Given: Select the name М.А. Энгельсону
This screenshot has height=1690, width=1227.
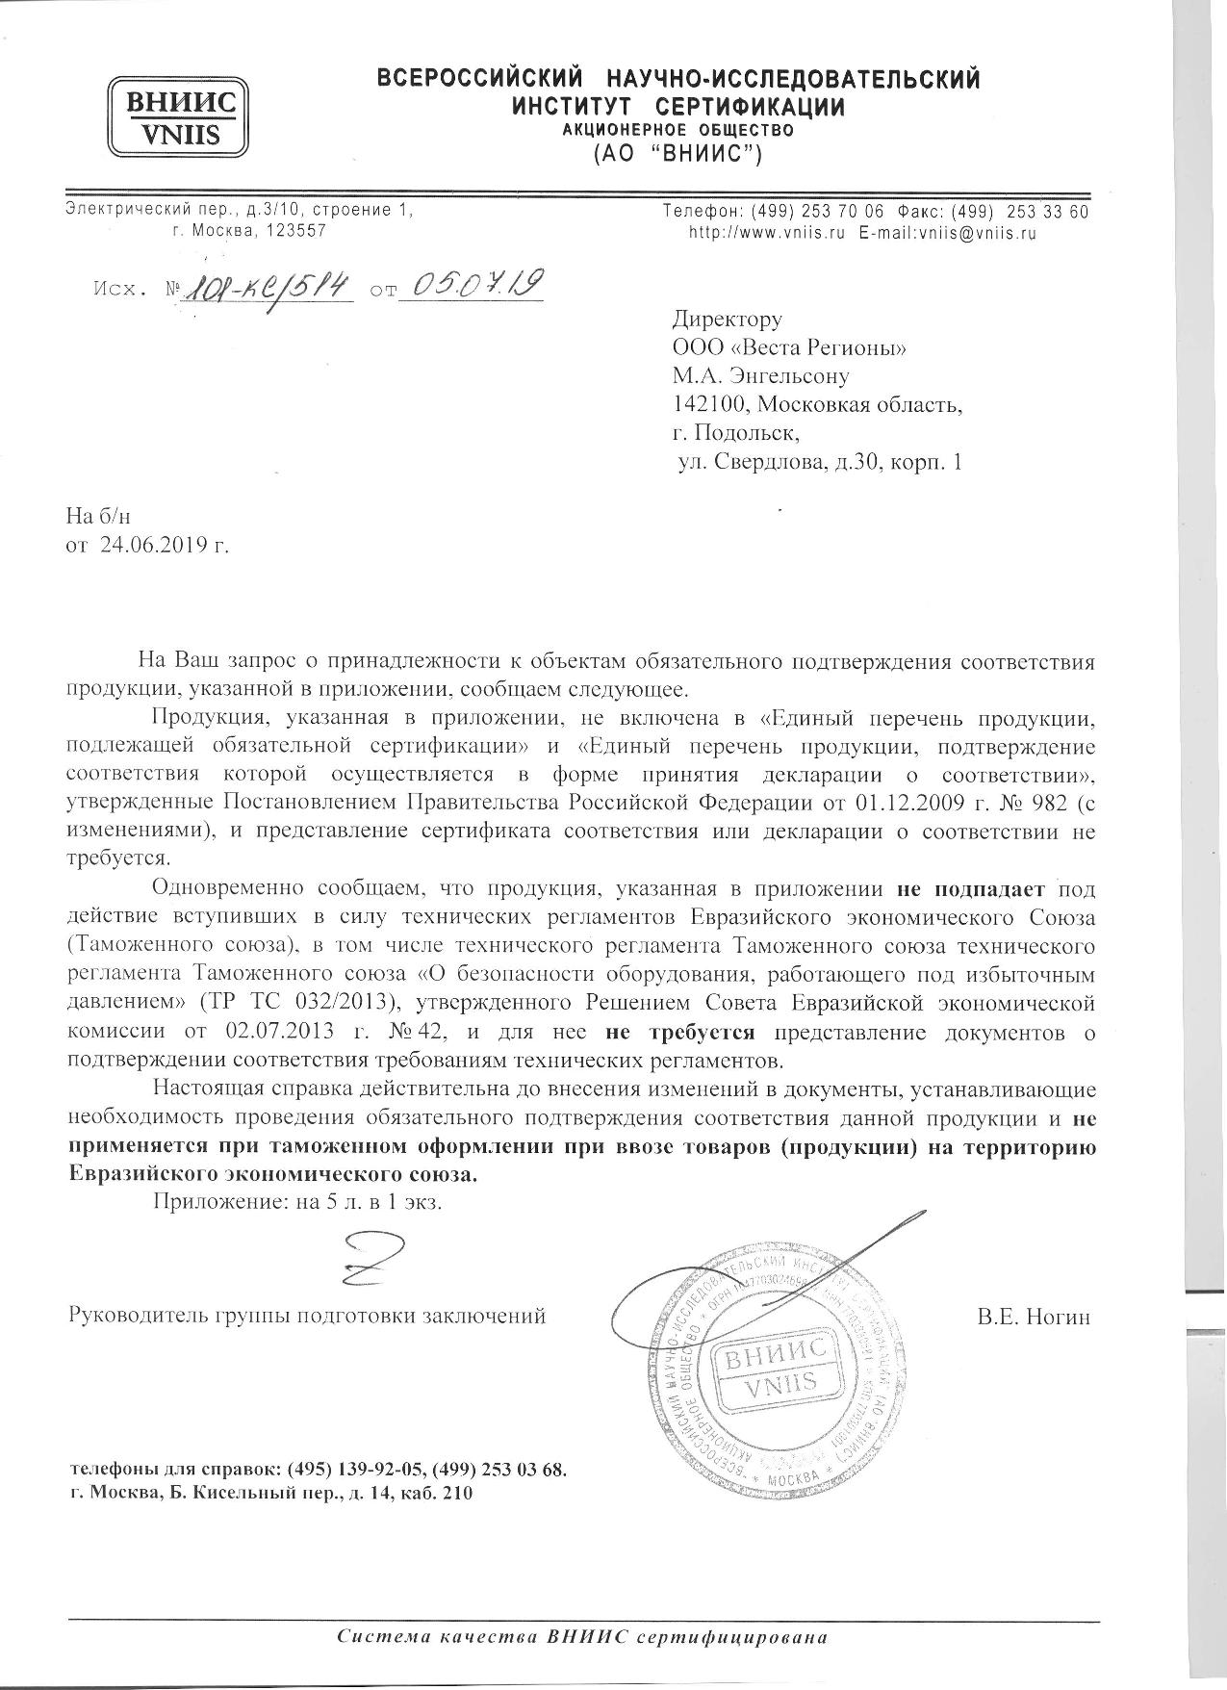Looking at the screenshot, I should point(761,376).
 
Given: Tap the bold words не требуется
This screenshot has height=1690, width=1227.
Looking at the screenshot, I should point(680,1033).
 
